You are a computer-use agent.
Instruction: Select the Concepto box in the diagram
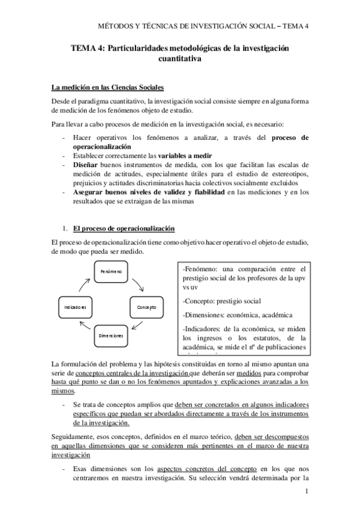[x=146, y=307]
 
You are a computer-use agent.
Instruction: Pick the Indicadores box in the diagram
[x=75, y=307]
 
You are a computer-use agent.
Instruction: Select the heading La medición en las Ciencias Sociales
[x=108, y=87]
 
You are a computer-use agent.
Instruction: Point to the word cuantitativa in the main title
[x=180, y=59]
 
